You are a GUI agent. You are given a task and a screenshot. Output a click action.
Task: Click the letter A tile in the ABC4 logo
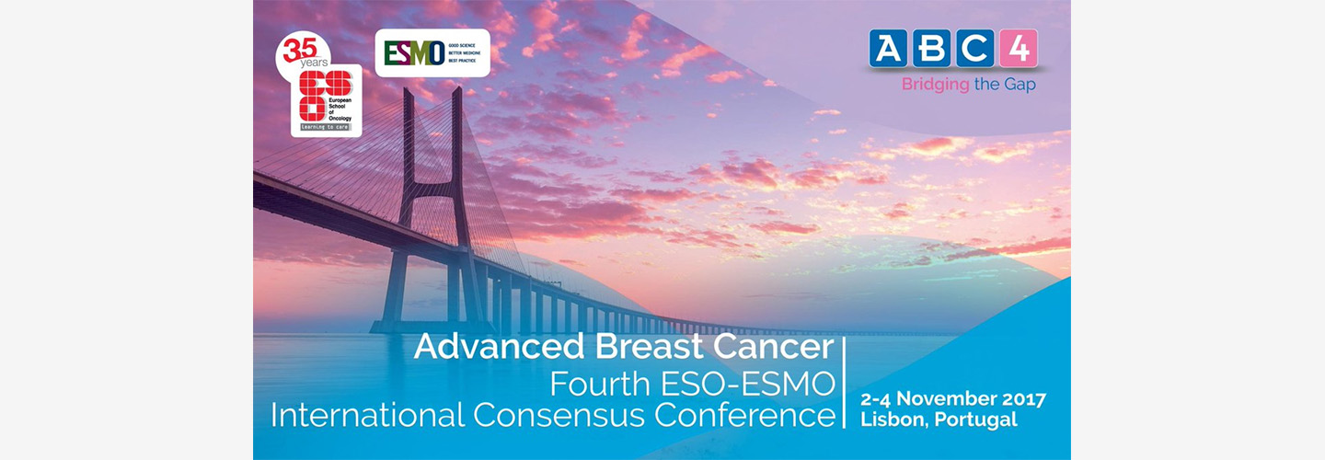(889, 49)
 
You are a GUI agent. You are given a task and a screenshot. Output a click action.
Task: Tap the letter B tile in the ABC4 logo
(932, 49)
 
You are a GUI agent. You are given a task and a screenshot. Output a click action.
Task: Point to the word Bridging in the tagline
(935, 85)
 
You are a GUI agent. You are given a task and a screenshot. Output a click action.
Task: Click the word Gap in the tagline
(1022, 85)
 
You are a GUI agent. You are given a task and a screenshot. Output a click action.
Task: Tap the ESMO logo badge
(432, 53)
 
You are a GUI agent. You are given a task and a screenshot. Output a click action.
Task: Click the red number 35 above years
(299, 51)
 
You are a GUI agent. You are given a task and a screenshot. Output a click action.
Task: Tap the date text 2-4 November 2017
(952, 399)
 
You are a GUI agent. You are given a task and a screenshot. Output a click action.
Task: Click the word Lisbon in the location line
(893, 420)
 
